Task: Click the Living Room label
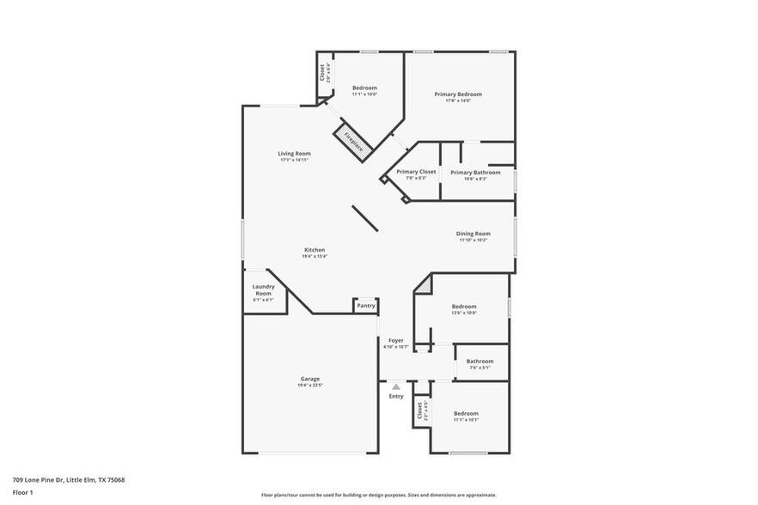(294, 154)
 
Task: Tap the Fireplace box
(353, 143)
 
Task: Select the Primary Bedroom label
(457, 94)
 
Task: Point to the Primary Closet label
(416, 172)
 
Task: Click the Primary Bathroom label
(475, 172)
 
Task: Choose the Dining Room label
(473, 234)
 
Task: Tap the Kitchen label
(314, 250)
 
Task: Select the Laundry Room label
(263, 290)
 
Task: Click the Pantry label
(366, 306)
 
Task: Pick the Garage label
(310, 379)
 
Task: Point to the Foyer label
(395, 341)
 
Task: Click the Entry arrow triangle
(396, 387)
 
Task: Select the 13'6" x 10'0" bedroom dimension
(464, 313)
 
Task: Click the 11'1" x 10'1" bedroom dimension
(466, 420)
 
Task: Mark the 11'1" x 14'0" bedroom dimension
(364, 94)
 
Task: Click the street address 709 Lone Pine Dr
(68, 480)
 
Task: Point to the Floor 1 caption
(22, 492)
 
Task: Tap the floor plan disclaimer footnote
(379, 495)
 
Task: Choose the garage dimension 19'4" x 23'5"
(310, 385)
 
